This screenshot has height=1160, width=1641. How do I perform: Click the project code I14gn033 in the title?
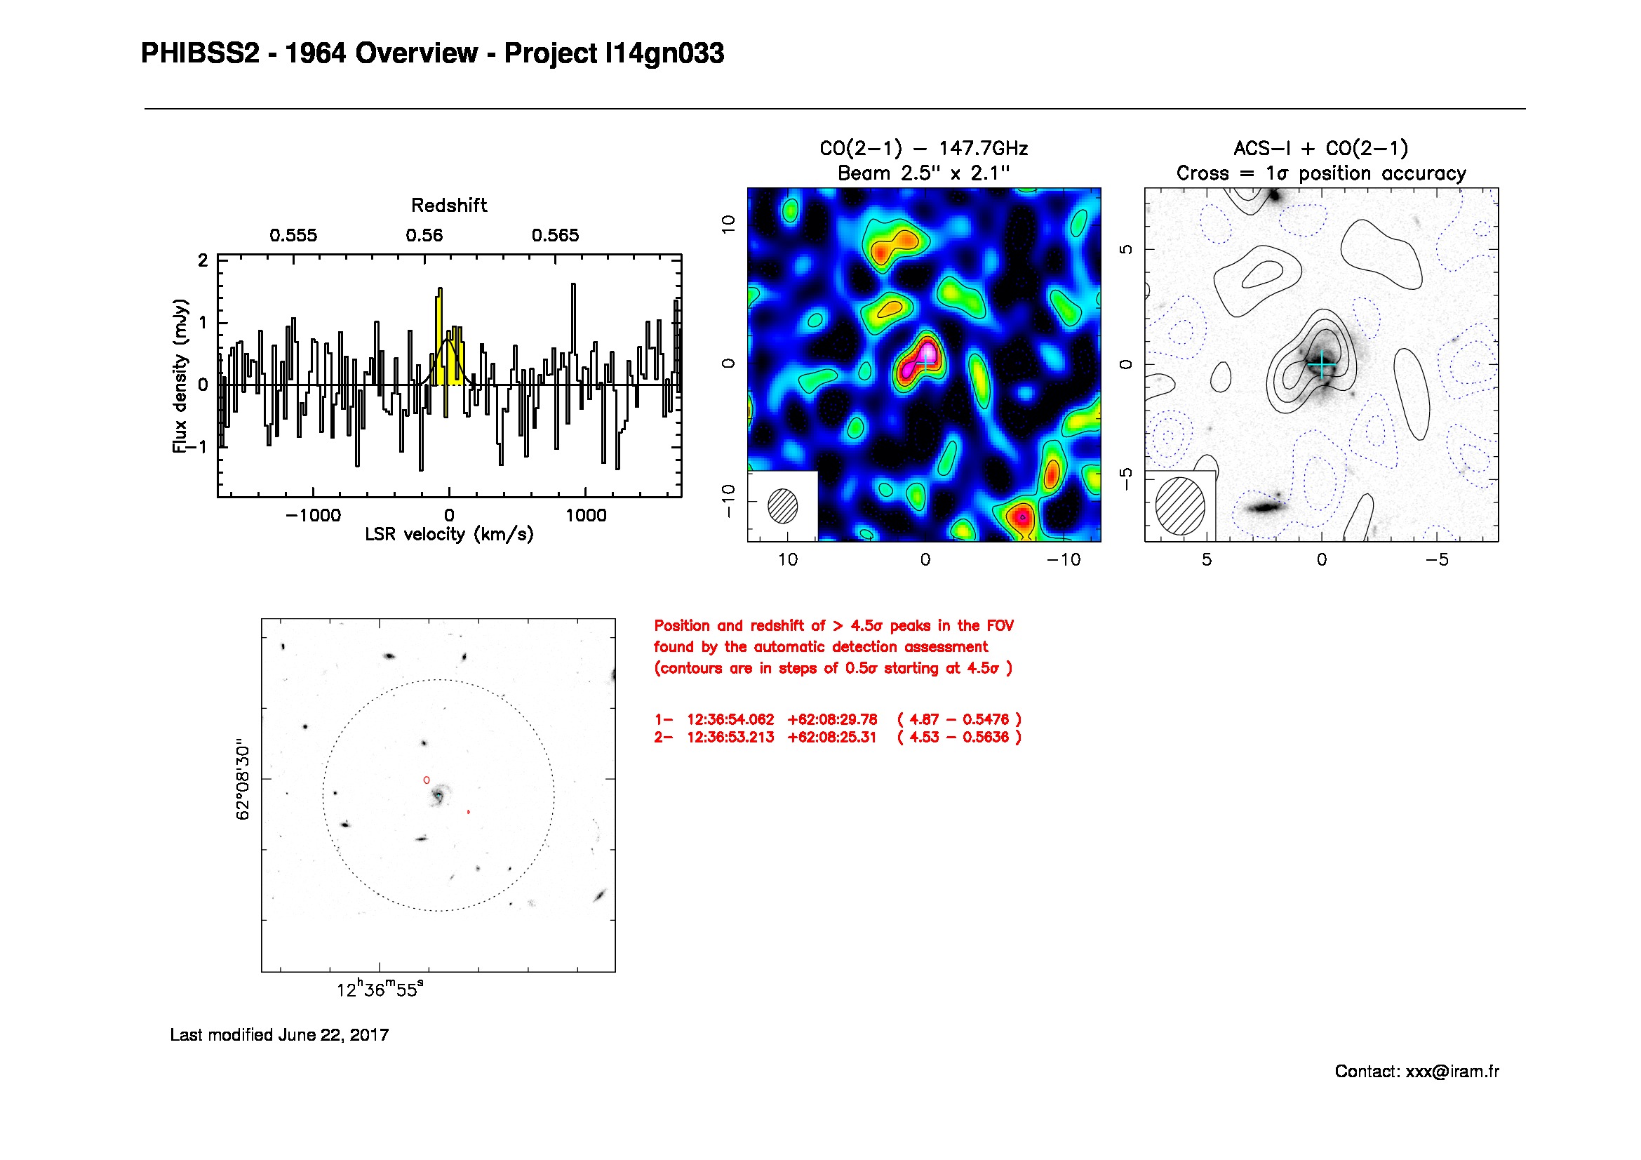[x=664, y=54]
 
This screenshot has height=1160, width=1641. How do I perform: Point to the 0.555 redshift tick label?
[x=293, y=236]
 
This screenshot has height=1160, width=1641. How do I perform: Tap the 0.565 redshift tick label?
[x=555, y=236]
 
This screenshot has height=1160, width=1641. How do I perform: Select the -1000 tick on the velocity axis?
[x=313, y=515]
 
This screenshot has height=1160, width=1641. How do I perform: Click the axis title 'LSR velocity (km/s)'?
[x=449, y=535]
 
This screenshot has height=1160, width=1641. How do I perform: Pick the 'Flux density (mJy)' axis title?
[x=180, y=376]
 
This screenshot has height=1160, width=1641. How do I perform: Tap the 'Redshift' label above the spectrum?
[x=449, y=206]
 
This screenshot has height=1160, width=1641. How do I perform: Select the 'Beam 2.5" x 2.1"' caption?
[x=923, y=173]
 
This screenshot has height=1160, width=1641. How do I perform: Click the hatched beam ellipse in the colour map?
[x=783, y=506]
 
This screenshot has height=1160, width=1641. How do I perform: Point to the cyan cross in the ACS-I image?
[x=1322, y=364]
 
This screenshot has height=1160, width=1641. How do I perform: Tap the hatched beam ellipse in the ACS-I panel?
[x=1180, y=506]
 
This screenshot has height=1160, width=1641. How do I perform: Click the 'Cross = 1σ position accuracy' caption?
[x=1321, y=173]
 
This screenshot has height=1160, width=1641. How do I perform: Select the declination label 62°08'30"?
[x=243, y=779]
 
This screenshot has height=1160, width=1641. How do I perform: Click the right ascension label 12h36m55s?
[x=380, y=990]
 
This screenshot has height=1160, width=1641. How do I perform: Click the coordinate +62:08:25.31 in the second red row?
[x=831, y=738]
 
